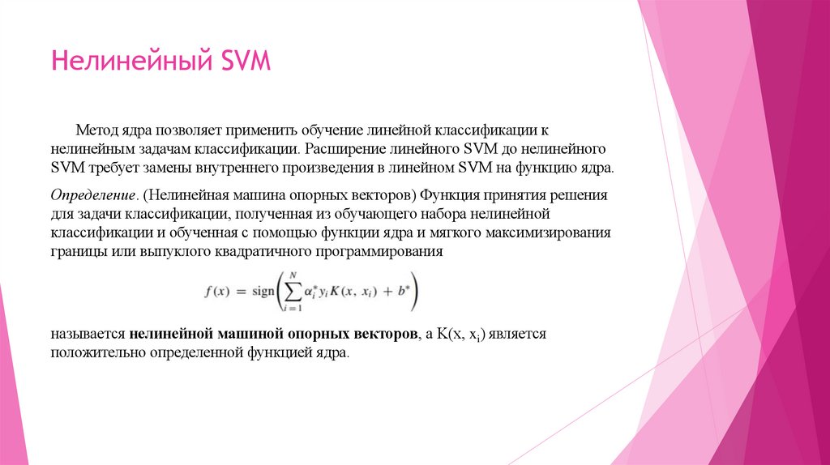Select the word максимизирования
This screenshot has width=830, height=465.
click(x=548, y=233)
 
